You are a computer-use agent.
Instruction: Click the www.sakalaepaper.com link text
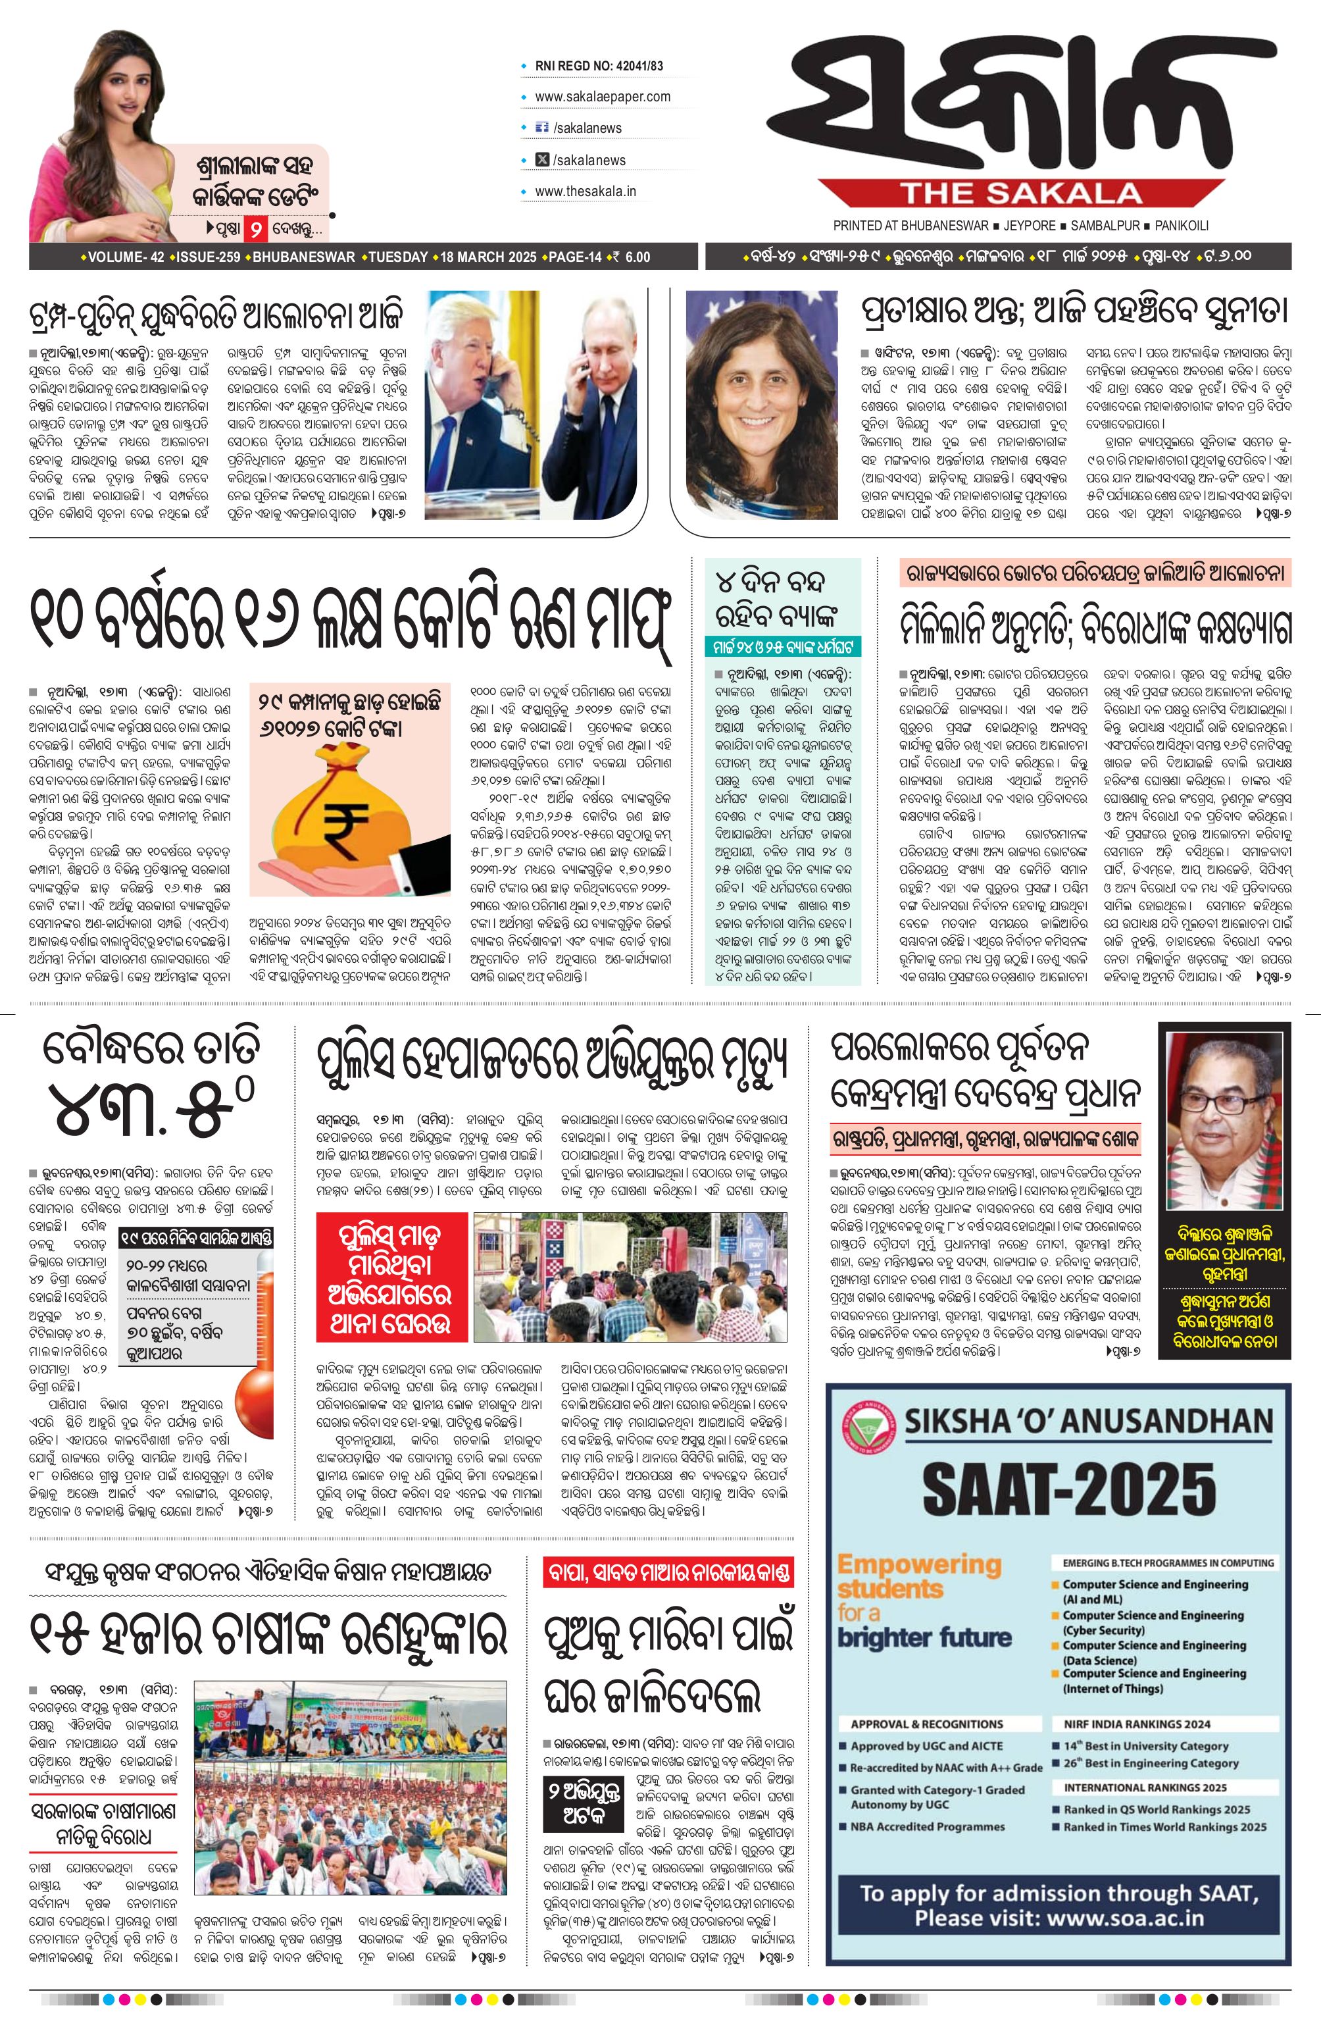(602, 96)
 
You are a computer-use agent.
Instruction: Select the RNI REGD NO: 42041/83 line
(598, 66)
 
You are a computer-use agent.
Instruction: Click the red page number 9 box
(254, 228)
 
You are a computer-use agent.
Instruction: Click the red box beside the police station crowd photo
(391, 1276)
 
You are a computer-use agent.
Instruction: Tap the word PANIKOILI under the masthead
(1182, 226)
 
